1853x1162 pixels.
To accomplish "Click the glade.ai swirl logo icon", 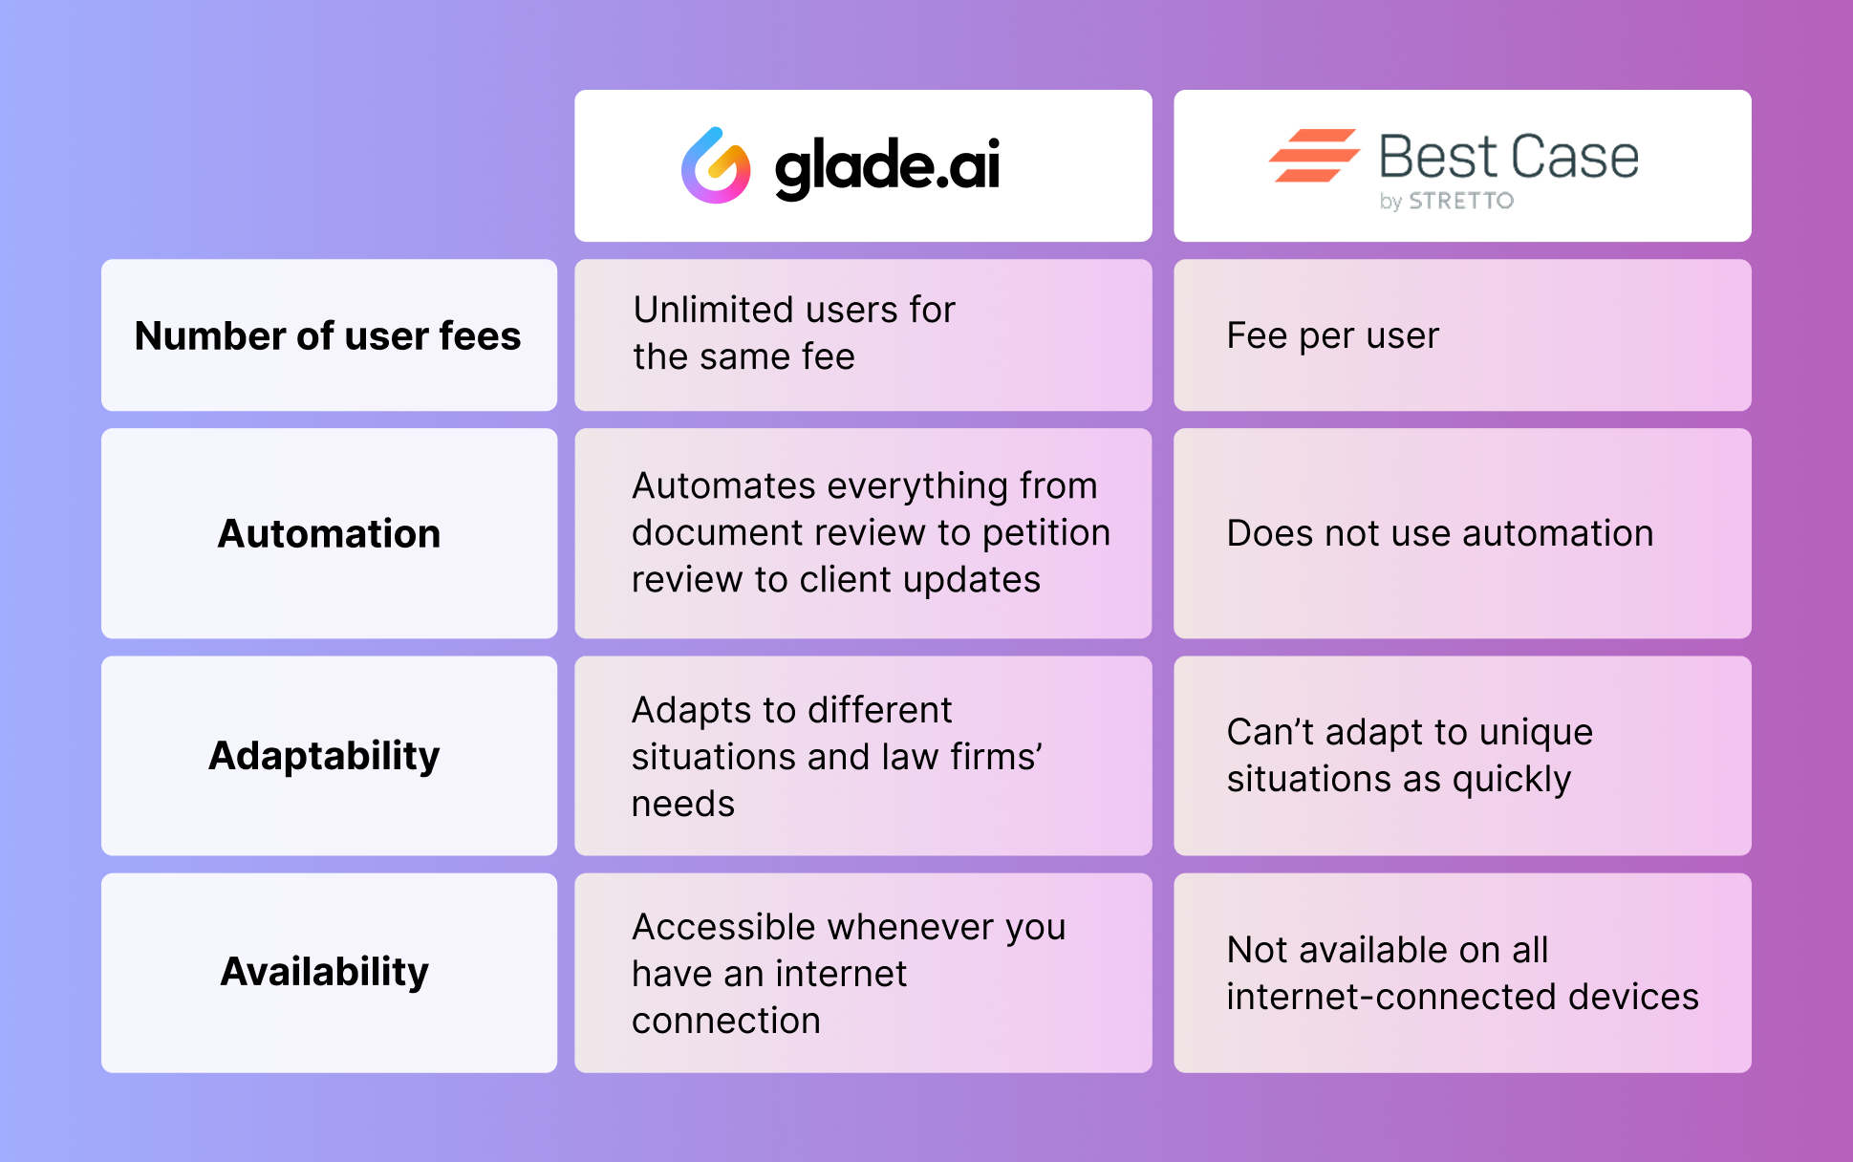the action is click(x=716, y=165).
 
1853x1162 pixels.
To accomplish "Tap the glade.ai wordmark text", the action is click(x=888, y=167).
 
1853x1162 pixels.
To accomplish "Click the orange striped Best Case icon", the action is click(x=1314, y=155).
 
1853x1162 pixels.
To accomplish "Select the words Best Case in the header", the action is click(x=1509, y=157).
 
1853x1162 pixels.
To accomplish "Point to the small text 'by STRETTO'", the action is click(x=1447, y=201).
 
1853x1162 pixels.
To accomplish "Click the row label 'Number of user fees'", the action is click(x=328, y=335).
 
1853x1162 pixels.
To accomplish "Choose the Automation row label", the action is click(x=330, y=533).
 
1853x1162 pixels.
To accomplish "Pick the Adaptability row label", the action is click(x=325, y=756).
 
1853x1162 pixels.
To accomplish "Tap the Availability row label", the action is click(x=325, y=972).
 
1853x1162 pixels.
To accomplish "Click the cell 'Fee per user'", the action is click(x=1333, y=335).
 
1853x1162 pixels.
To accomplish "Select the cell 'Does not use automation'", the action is click(x=1440, y=533).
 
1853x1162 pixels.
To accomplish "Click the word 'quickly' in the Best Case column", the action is click(x=1512, y=780).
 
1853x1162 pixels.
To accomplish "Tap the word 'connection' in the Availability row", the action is click(x=726, y=1021).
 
